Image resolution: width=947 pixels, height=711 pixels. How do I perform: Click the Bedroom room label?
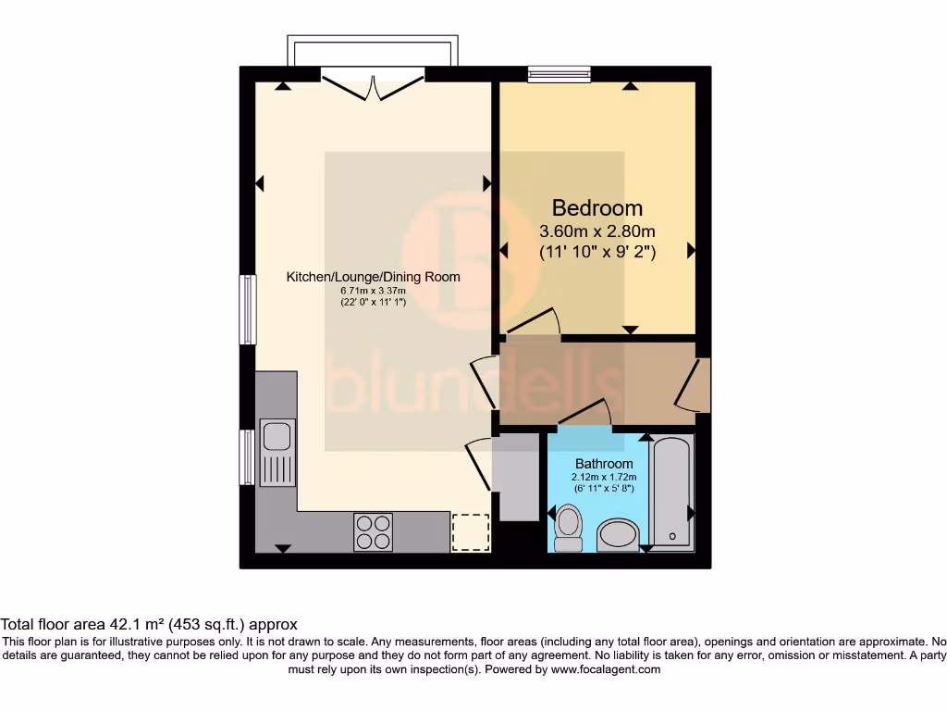tap(597, 207)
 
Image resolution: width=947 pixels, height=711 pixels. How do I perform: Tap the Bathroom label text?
tap(604, 463)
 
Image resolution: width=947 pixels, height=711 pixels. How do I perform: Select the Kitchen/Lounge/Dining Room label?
tap(373, 277)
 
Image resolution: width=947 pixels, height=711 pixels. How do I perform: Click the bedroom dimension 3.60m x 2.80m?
tap(597, 231)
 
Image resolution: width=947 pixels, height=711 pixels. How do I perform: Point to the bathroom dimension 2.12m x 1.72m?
tap(604, 477)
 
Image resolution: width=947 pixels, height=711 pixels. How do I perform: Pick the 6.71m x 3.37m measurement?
tap(373, 291)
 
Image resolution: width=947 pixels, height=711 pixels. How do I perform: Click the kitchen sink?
tap(277, 435)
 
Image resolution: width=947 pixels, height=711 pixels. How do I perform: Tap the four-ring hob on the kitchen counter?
tap(373, 531)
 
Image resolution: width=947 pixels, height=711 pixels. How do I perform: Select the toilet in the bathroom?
tap(566, 528)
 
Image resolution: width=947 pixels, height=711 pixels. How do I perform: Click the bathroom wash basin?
tap(619, 534)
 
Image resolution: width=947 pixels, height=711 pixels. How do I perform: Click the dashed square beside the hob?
tap(471, 532)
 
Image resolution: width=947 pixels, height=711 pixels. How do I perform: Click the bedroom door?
tap(535, 322)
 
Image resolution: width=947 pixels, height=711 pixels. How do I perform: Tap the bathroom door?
tap(584, 414)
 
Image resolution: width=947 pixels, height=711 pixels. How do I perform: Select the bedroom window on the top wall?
tap(560, 74)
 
